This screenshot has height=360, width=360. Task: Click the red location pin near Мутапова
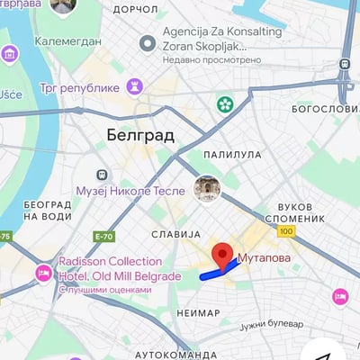(x=221, y=255)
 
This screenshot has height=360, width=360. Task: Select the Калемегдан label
(x=68, y=40)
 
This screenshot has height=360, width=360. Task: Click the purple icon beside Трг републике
(x=135, y=87)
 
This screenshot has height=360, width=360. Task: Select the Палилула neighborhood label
(x=232, y=155)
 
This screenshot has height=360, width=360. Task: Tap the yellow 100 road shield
(x=287, y=231)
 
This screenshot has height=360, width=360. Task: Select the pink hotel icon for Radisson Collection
(x=43, y=271)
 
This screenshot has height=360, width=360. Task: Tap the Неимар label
(x=199, y=313)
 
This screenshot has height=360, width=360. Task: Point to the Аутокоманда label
(x=177, y=355)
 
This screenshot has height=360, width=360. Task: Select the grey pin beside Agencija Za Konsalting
(x=148, y=43)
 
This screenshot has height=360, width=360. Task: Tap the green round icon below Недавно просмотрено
(x=224, y=104)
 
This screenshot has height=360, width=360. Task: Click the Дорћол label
(x=137, y=10)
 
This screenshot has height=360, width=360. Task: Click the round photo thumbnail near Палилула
(x=207, y=188)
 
